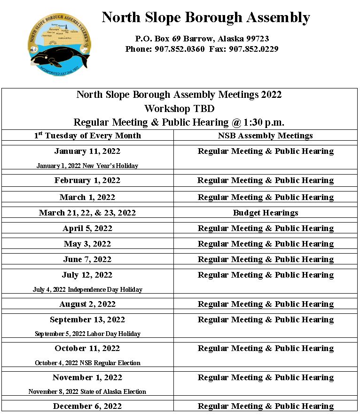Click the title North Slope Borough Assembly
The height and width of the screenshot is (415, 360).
(x=206, y=18)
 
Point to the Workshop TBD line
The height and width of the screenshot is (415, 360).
(x=179, y=109)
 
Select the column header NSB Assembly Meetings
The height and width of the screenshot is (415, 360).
(x=266, y=136)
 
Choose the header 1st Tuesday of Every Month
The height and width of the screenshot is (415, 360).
(x=87, y=136)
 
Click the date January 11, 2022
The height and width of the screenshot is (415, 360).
(x=87, y=151)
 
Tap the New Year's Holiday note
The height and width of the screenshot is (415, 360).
(x=87, y=166)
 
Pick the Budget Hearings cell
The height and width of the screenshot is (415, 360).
(x=266, y=213)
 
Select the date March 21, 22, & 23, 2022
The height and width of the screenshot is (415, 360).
(x=87, y=213)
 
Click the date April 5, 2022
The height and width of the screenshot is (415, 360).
(x=87, y=228)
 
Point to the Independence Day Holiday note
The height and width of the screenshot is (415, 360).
(x=87, y=289)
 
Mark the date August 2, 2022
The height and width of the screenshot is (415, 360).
(x=87, y=304)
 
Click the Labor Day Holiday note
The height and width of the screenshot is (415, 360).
(x=87, y=334)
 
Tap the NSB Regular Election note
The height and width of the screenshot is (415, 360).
(x=87, y=363)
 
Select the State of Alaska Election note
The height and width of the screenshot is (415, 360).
(x=87, y=391)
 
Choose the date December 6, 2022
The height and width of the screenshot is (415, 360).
(x=87, y=406)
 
